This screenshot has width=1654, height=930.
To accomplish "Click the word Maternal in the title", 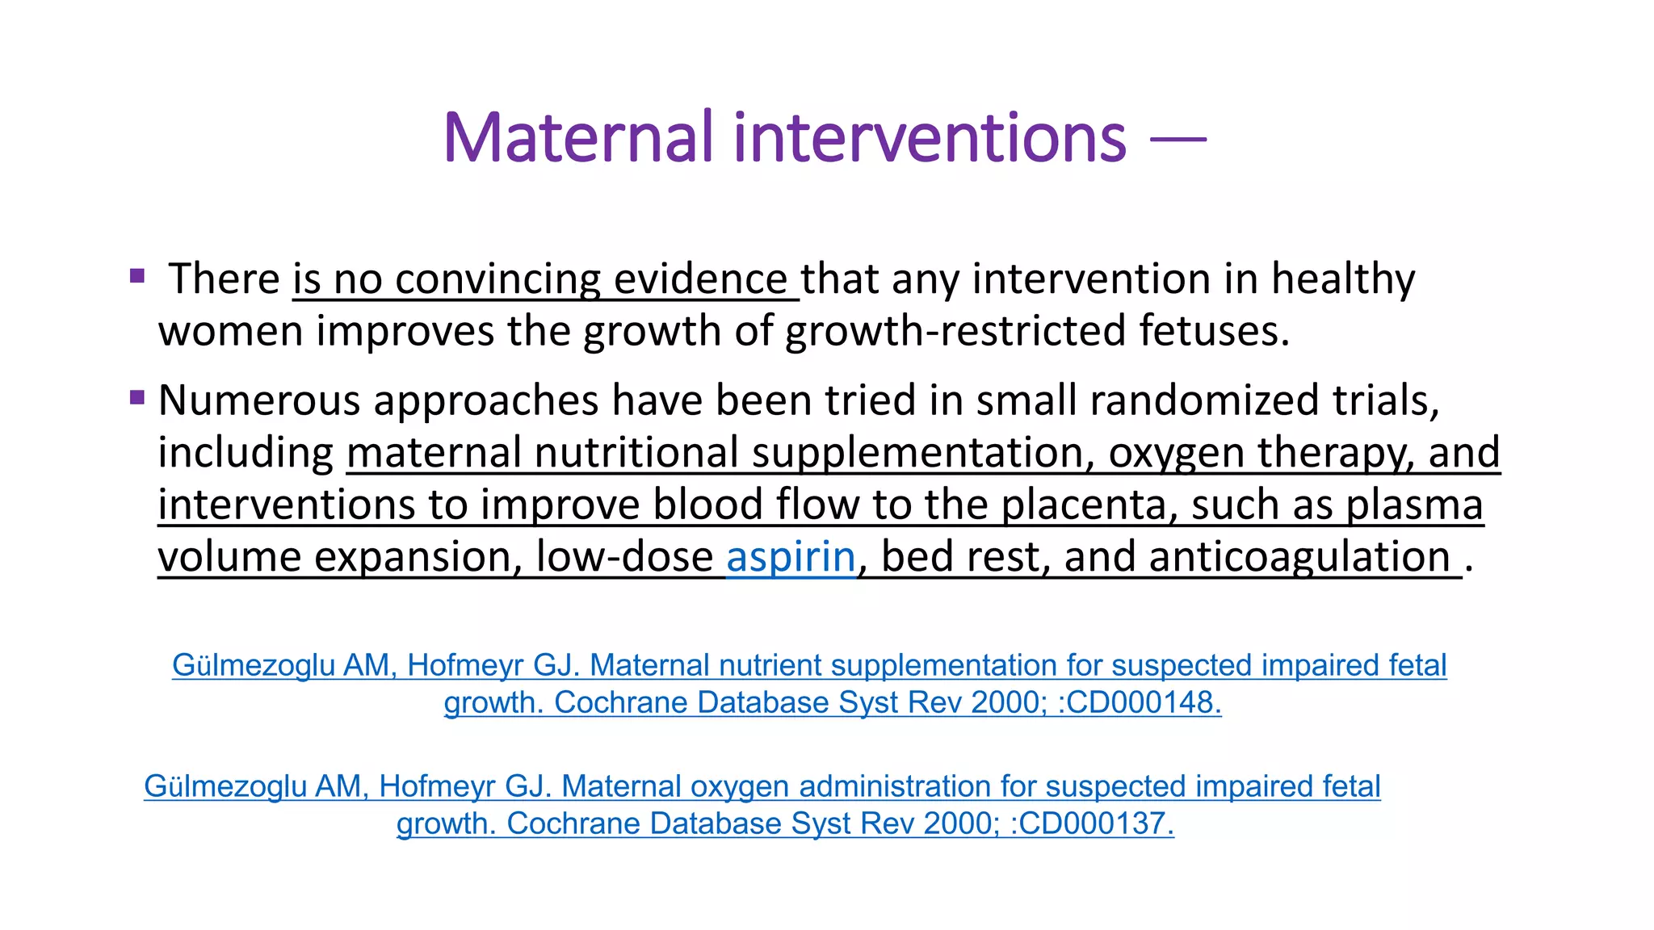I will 578,138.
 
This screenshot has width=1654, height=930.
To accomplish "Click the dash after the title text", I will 1178,140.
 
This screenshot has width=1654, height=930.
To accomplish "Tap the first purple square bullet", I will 137,276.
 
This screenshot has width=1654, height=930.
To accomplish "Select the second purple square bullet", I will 137,397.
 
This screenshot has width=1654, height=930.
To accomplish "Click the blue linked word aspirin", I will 791,557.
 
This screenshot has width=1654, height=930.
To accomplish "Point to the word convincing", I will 497,279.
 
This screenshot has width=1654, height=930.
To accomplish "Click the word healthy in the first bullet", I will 1343,279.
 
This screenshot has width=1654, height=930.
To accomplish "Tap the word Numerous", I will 259,400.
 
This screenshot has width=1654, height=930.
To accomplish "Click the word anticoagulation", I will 1299,557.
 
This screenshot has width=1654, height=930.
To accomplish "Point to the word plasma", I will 1414,505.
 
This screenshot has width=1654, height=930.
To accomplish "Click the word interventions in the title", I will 930,138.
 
